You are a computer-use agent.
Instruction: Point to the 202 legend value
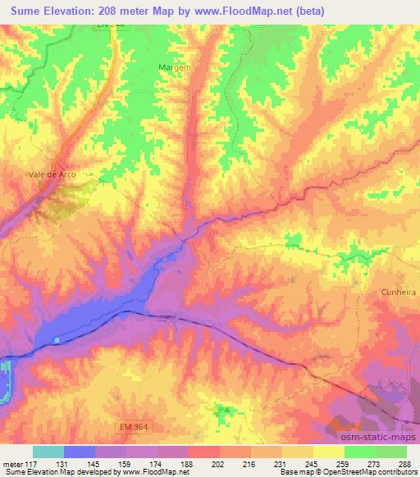[x=217, y=464]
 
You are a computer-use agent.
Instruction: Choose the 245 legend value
[x=311, y=464]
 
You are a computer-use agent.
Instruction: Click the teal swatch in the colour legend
[x=48, y=452]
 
